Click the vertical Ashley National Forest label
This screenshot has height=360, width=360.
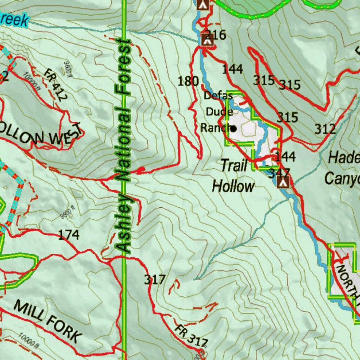(123, 146)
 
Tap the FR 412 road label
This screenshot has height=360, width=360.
(55, 84)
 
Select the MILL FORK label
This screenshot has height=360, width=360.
(48, 322)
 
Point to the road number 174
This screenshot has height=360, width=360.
(69, 235)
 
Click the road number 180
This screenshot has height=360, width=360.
(188, 82)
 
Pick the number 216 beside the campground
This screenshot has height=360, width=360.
(215, 35)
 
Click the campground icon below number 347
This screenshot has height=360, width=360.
(283, 182)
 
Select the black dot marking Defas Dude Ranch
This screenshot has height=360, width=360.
(233, 129)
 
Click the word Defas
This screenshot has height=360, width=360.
(218, 96)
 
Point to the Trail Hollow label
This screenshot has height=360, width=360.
(233, 176)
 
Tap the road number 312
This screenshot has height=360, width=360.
(325, 129)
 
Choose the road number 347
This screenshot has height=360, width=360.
(279, 173)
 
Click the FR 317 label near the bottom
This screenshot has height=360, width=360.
(192, 335)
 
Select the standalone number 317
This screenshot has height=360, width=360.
(155, 280)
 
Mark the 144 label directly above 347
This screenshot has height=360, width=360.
(285, 156)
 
